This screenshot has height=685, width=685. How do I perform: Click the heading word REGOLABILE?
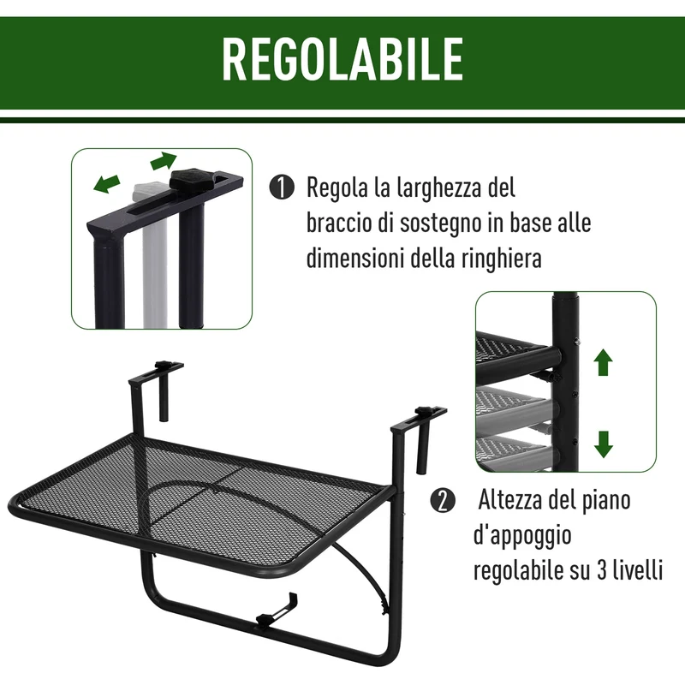click(x=342, y=59)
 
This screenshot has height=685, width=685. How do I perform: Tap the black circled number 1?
click(x=282, y=188)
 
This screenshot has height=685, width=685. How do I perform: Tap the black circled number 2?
click(x=443, y=501)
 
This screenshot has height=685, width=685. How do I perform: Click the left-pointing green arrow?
click(x=107, y=182)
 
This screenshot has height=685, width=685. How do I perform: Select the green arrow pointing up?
click(x=604, y=362)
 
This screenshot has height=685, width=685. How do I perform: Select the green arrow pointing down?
click(x=604, y=444)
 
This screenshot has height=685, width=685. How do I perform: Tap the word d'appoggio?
click(x=522, y=536)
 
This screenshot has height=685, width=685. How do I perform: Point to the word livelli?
click(x=638, y=569)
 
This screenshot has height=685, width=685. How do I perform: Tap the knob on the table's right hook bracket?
click(x=422, y=411)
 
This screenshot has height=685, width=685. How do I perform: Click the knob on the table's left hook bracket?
click(x=164, y=365)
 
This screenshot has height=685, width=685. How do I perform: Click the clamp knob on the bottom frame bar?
click(x=265, y=620)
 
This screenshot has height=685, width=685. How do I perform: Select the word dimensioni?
click(x=354, y=259)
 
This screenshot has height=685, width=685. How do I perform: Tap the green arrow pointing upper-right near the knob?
click(x=164, y=161)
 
